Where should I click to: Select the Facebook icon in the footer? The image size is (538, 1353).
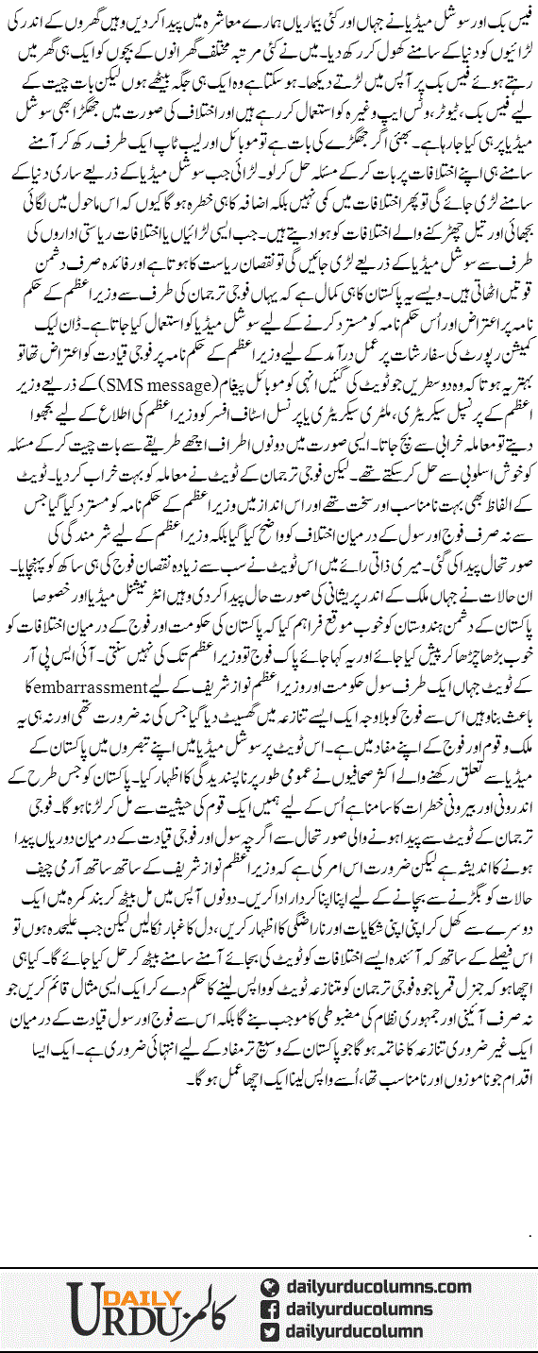pyautogui.click(x=268, y=1310)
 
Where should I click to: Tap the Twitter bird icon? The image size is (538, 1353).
pyautogui.click(x=268, y=1331)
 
